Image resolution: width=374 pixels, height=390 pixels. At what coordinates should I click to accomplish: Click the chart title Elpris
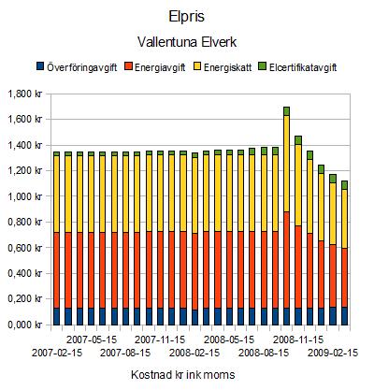(x=186, y=17)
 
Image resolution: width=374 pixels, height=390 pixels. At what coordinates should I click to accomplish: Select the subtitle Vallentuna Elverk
(x=187, y=42)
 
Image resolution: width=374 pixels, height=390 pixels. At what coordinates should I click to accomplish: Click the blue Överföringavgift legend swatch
(x=40, y=66)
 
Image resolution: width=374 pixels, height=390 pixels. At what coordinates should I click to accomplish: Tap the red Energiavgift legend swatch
(x=128, y=66)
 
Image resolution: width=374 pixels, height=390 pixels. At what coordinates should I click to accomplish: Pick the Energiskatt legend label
(x=227, y=67)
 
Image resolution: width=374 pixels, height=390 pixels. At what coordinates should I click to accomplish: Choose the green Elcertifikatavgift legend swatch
(x=263, y=66)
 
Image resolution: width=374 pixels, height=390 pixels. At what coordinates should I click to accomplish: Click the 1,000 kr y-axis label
(x=25, y=196)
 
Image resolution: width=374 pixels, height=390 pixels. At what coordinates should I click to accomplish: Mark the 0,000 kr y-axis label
(x=25, y=325)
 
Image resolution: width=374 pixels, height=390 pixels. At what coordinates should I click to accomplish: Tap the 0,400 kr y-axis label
(x=25, y=273)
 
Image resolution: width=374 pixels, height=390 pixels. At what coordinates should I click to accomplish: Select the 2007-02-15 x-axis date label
(x=57, y=353)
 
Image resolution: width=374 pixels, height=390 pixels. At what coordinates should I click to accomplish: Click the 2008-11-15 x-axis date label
(x=298, y=339)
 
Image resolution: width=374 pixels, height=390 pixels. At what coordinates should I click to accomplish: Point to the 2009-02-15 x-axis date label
(x=333, y=353)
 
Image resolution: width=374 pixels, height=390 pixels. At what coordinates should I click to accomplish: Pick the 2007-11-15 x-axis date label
(x=160, y=339)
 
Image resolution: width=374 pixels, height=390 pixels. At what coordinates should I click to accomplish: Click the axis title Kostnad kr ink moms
(x=183, y=374)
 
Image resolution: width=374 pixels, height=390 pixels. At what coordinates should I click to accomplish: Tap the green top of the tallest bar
(x=287, y=111)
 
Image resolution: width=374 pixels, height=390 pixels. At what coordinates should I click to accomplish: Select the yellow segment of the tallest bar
(x=287, y=164)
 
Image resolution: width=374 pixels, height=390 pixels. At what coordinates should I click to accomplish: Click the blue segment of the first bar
(x=56, y=316)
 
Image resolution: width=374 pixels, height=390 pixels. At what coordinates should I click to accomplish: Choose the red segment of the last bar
(x=344, y=278)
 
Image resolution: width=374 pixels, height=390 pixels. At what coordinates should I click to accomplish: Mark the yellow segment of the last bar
(x=344, y=219)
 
